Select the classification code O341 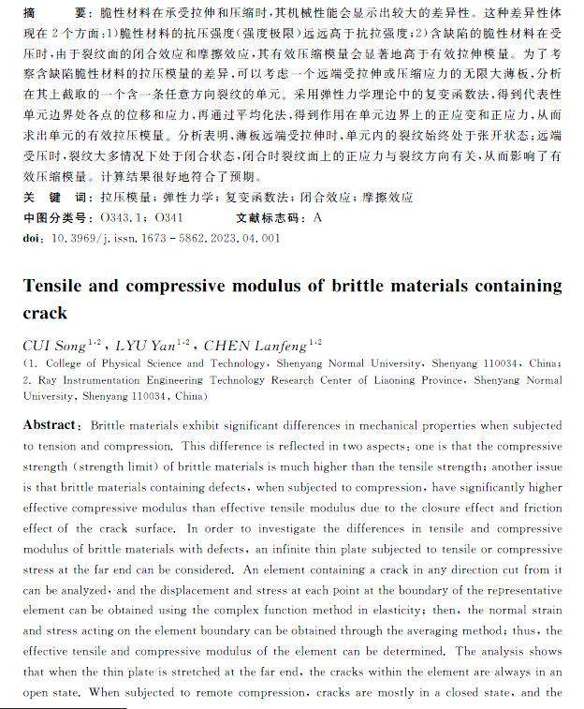[168, 218]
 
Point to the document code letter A [318, 218]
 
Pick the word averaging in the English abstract [411, 611]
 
